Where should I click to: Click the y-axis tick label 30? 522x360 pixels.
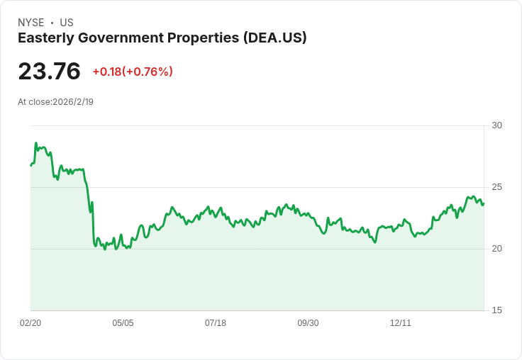pyautogui.click(x=496, y=125)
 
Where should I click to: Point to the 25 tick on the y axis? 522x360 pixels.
pyautogui.click(x=496, y=187)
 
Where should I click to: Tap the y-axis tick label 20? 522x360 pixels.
pyautogui.click(x=496, y=249)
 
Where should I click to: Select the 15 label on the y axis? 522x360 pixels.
pyautogui.click(x=496, y=310)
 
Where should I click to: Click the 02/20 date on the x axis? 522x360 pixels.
pyautogui.click(x=30, y=323)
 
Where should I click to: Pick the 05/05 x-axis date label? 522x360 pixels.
pyautogui.click(x=123, y=323)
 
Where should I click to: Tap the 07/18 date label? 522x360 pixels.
pyautogui.click(x=216, y=323)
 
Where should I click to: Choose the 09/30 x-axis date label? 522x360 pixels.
pyautogui.click(x=308, y=323)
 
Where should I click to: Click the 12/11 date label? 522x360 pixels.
pyautogui.click(x=401, y=323)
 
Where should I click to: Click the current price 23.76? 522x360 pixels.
pyautogui.click(x=49, y=71)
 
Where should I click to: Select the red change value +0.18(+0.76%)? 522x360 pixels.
pyautogui.click(x=133, y=72)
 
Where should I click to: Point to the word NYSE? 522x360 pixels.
pyautogui.click(x=31, y=23)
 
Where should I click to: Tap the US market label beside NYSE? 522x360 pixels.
pyautogui.click(x=67, y=23)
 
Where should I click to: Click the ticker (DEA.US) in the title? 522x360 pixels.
pyautogui.click(x=274, y=38)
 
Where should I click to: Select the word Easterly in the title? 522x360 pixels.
pyautogui.click(x=46, y=38)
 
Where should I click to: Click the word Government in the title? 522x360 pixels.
pyautogui.click(x=121, y=38)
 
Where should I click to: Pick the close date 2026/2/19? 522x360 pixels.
pyautogui.click(x=73, y=102)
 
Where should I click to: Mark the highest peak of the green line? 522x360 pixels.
pyautogui.click(x=36, y=142)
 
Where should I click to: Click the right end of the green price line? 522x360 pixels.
pyautogui.click(x=484, y=203)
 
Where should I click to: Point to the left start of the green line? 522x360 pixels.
pyautogui.click(x=31, y=165)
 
